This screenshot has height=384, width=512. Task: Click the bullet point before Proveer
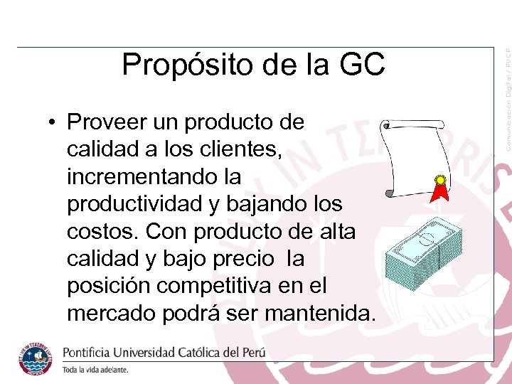click(x=53, y=122)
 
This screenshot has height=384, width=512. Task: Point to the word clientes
click(x=238, y=149)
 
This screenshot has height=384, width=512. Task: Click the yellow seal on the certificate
click(x=441, y=181)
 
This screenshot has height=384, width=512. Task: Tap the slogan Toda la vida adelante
click(x=95, y=370)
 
